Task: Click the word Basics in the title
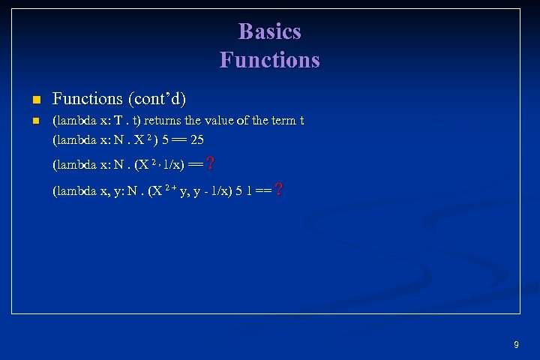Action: pos(269,31)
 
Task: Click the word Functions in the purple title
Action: pos(269,59)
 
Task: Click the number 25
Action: pos(197,139)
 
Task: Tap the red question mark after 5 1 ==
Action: pos(279,190)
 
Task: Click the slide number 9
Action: pos(516,345)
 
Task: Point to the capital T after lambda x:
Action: pos(118,121)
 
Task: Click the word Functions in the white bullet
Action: pos(87,99)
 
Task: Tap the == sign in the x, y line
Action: pos(262,190)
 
